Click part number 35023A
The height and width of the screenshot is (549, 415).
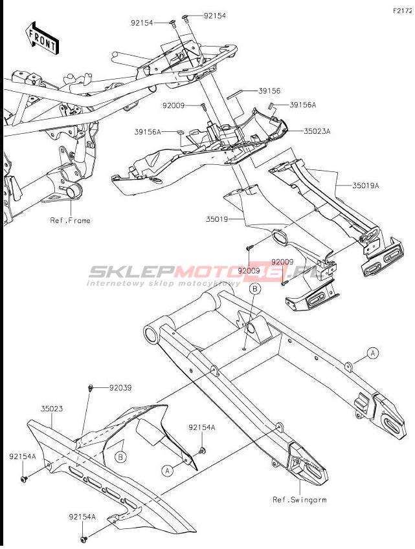(x=317, y=131)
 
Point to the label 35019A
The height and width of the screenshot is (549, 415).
(x=366, y=186)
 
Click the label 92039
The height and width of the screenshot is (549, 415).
(x=120, y=388)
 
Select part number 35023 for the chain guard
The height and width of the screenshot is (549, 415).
(x=52, y=409)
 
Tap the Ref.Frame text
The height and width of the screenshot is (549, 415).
(x=71, y=221)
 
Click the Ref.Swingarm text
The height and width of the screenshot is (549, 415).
(x=300, y=500)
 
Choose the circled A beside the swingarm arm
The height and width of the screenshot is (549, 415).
(x=373, y=352)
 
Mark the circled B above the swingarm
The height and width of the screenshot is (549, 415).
(x=254, y=289)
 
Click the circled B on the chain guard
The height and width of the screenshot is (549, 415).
(x=120, y=457)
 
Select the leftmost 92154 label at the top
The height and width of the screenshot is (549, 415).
(x=142, y=23)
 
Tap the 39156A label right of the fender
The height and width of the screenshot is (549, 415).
(x=303, y=105)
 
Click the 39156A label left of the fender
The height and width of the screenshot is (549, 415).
(x=148, y=131)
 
